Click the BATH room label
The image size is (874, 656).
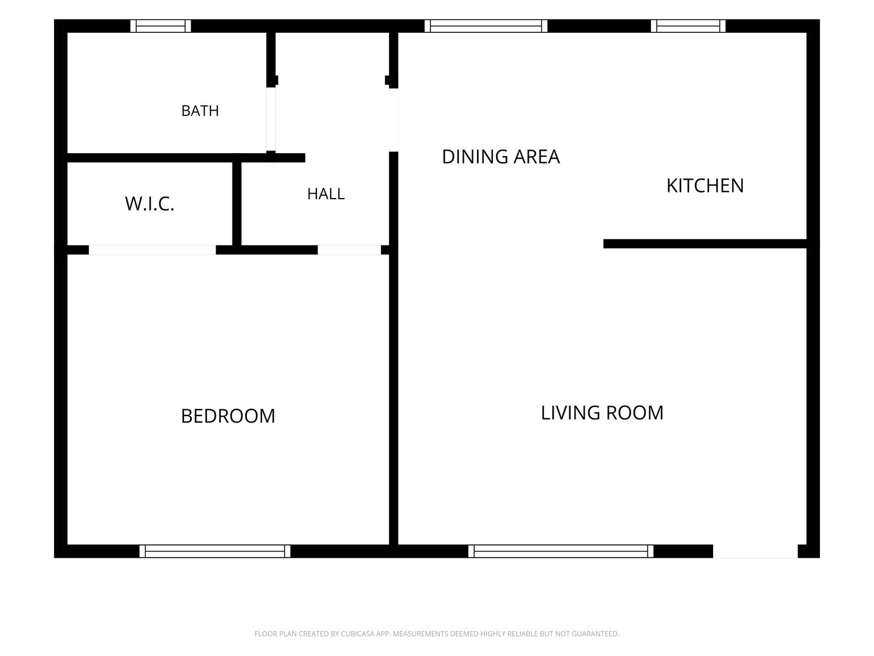point(200,111)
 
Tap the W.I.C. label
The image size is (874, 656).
point(150,203)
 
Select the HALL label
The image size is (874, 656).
point(326,194)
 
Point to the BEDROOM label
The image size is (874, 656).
point(228,416)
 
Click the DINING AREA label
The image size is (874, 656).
point(501,157)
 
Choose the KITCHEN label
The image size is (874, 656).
point(705,186)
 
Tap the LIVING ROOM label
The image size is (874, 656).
point(601,412)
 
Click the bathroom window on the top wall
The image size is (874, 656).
point(160,26)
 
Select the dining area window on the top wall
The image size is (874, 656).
point(486,26)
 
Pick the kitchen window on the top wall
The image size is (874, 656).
point(688,26)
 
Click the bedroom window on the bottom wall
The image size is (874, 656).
point(215,552)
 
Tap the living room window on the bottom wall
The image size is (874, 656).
point(561,552)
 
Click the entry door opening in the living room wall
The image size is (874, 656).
point(755,552)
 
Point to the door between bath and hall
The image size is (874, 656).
point(271,119)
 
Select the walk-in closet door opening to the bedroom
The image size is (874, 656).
point(152,250)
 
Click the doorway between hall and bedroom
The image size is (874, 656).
point(349,250)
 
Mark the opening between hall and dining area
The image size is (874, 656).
point(393,120)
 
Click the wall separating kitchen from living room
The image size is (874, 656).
point(705,244)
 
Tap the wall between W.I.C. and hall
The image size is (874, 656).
point(237,203)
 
